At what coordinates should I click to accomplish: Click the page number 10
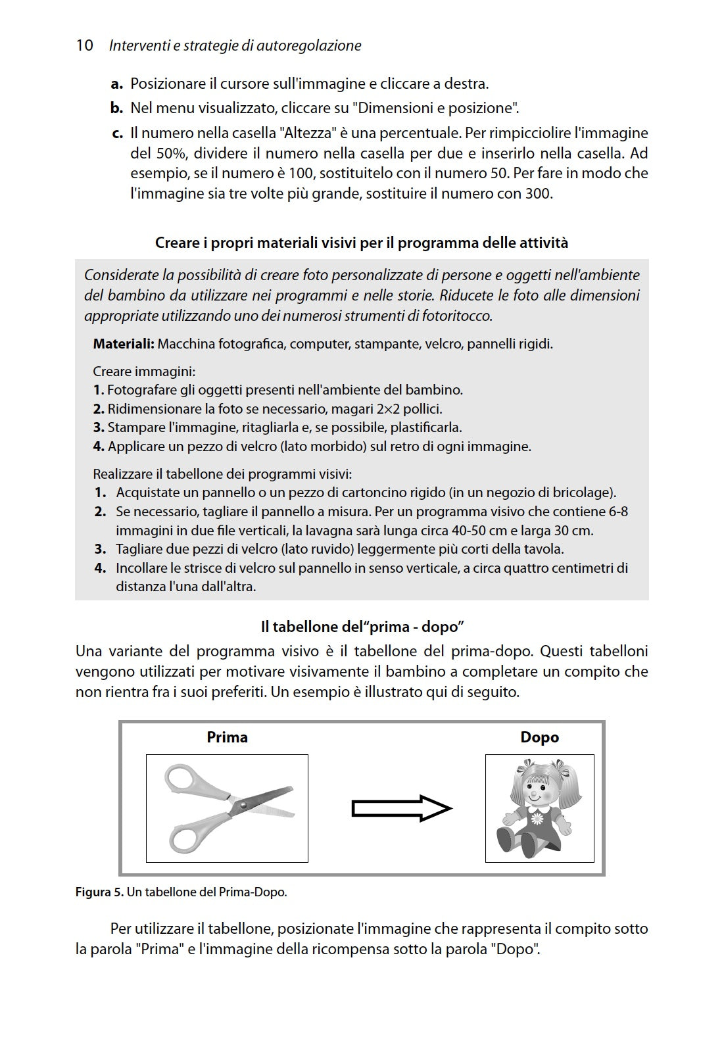point(84,45)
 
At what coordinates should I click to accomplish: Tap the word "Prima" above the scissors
point(227,737)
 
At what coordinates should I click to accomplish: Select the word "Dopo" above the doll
point(539,737)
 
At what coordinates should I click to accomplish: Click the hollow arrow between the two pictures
point(402,808)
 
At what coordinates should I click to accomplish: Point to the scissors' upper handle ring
point(181,779)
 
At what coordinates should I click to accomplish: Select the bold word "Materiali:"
point(124,344)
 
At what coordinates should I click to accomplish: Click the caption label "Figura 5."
point(99,892)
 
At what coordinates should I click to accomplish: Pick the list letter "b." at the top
point(117,108)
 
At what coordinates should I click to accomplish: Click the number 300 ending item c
point(538,194)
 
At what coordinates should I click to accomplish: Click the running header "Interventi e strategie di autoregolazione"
point(235,45)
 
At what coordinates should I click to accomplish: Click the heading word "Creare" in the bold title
point(177,243)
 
